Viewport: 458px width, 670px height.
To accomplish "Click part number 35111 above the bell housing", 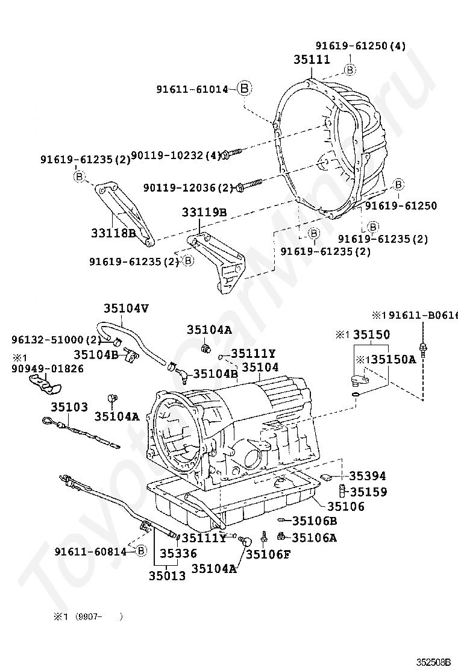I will [x=312, y=60].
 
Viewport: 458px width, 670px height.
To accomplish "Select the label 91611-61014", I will [x=192, y=89].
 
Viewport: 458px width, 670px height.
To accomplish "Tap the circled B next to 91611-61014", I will [x=243, y=89].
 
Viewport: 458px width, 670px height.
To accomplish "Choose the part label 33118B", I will [x=113, y=232].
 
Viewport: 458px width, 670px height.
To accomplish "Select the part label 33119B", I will [x=204, y=212].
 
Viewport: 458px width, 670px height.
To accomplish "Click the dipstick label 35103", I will [x=69, y=407].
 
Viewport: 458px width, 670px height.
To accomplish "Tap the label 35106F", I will [x=268, y=554].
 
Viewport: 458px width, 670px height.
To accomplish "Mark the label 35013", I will [x=167, y=576].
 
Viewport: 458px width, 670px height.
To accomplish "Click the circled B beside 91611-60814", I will [x=140, y=550].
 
